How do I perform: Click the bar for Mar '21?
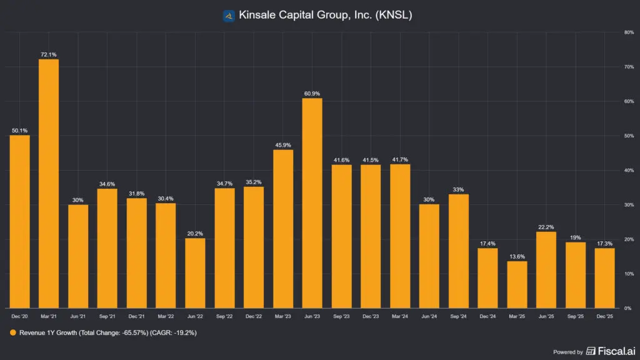[49, 184]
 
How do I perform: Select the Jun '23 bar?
[312, 203]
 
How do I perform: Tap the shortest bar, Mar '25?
[517, 284]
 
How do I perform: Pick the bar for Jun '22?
[195, 273]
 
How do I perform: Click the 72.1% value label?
[49, 55]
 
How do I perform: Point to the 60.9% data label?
[312, 94]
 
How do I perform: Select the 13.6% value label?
[517, 257]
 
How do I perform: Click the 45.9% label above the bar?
[282, 145]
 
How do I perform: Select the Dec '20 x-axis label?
[19, 317]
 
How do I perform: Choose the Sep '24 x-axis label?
[458, 317]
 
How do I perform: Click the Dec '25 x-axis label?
[604, 317]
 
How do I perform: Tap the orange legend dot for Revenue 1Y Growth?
[13, 333]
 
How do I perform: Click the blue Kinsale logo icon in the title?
[229, 15]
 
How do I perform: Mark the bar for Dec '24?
[487, 278]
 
